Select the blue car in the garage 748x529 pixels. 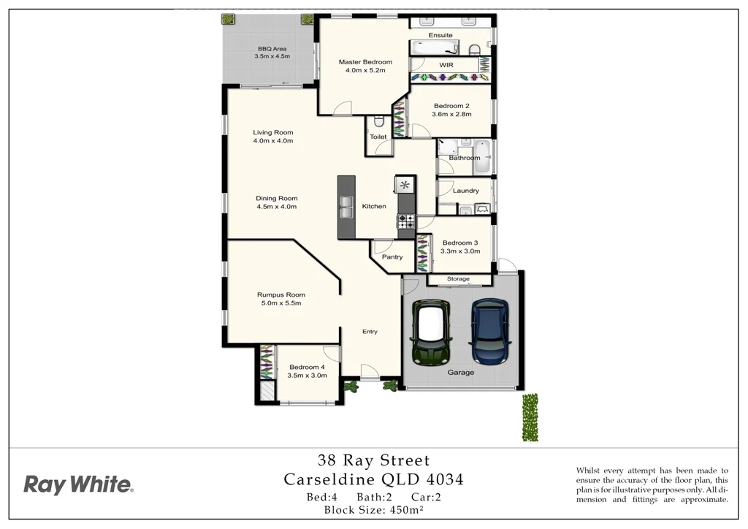tap(490, 332)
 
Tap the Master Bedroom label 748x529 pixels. tap(365, 62)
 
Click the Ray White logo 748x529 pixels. tap(78, 484)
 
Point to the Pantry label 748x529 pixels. tap(392, 257)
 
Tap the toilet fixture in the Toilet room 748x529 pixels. tap(378, 123)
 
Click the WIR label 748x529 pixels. tap(446, 65)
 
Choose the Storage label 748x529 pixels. tap(458, 279)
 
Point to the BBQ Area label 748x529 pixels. tap(272, 49)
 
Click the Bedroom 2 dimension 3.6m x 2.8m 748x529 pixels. tap(451, 114)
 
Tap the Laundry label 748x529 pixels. tap(465, 191)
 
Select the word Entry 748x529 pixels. tap(370, 332)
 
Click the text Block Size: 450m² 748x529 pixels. tap(373, 510)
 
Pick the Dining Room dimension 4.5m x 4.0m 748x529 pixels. tap(277, 207)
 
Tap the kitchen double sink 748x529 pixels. tap(346, 208)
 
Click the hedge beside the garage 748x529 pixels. tap(530, 418)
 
